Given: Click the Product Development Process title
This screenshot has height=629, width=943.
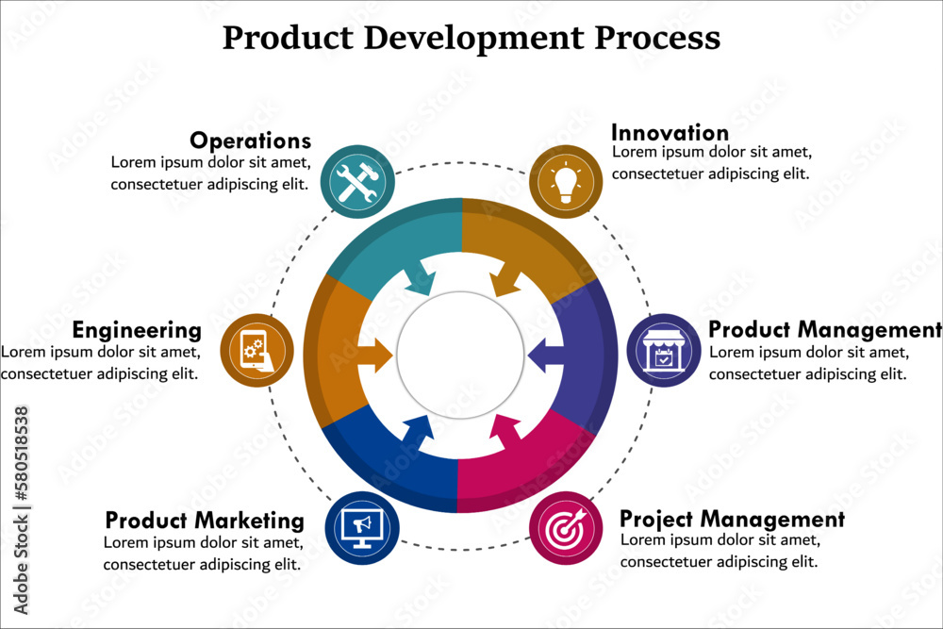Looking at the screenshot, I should (x=471, y=38).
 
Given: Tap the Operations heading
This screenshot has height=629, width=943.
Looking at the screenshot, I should (x=250, y=141).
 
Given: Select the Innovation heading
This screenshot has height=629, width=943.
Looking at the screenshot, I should (x=670, y=132).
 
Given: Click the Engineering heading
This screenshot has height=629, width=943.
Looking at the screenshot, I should (x=137, y=330).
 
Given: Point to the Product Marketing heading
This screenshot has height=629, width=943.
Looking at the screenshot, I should (x=205, y=521).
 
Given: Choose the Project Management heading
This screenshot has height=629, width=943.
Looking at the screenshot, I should (x=732, y=519).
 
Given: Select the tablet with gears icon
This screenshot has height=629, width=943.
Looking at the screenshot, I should (x=256, y=350).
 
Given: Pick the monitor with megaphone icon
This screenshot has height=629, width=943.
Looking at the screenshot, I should (x=361, y=528).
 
